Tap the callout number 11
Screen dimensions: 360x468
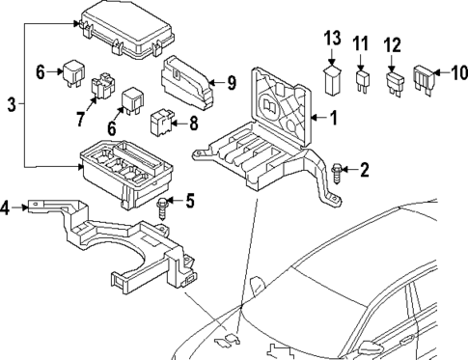(x=361, y=43)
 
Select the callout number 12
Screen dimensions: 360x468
(x=391, y=43)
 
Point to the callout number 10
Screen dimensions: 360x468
(x=455, y=71)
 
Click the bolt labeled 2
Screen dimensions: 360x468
(x=337, y=174)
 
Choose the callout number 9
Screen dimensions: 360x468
(x=231, y=82)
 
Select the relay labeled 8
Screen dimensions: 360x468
(x=162, y=123)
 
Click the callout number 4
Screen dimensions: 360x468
(x=8, y=207)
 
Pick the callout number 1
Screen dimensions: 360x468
(x=334, y=120)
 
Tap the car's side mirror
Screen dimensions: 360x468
(x=259, y=288)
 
